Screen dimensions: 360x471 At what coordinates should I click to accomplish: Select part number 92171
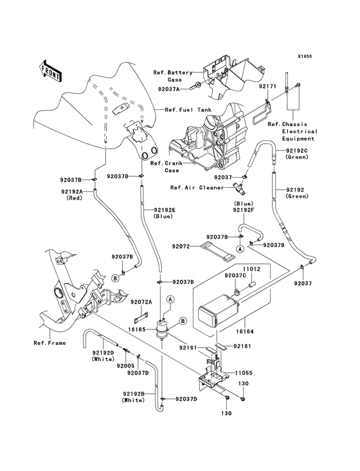tap(267, 86)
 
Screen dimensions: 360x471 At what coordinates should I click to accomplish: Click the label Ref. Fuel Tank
tap(188, 110)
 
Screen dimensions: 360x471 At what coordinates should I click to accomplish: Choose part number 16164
tap(244, 331)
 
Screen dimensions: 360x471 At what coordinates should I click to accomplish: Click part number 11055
tap(244, 373)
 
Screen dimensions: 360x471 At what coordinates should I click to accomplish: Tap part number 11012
tap(251, 269)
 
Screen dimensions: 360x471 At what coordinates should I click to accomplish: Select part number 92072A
tap(141, 302)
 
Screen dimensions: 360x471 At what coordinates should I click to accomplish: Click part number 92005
tap(126, 366)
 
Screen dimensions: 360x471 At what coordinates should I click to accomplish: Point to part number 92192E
tap(165, 210)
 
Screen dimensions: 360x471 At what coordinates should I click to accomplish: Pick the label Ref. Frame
tap(50, 343)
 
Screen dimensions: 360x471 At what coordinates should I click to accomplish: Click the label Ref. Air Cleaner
tap(197, 188)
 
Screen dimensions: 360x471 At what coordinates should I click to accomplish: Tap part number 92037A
tap(168, 89)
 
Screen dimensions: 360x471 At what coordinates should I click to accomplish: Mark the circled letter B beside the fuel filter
tap(183, 321)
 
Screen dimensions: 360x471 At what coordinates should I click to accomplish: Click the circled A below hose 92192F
tap(239, 248)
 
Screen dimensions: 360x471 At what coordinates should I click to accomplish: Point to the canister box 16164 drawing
tap(220, 310)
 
